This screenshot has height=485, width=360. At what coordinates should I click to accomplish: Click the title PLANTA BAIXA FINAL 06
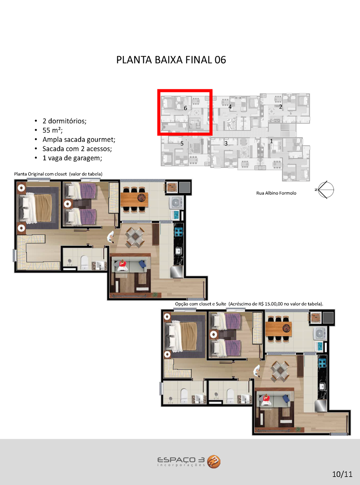(x=171, y=60)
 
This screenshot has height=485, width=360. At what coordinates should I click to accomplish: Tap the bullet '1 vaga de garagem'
(x=72, y=158)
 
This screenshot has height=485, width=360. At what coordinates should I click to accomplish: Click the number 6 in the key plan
(x=186, y=108)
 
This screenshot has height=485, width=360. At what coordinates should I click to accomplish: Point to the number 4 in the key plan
(x=230, y=107)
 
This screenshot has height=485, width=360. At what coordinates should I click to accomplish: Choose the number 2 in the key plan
(x=281, y=107)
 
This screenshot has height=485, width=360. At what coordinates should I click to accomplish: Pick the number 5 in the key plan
(x=182, y=143)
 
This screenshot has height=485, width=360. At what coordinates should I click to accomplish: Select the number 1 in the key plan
(x=271, y=141)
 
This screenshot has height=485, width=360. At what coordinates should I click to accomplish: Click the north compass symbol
(x=326, y=190)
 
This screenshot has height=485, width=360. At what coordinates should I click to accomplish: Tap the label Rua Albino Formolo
(x=276, y=193)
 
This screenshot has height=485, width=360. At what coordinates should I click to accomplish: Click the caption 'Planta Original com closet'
(x=40, y=174)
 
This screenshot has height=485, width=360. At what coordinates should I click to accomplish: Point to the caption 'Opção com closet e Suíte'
(x=201, y=304)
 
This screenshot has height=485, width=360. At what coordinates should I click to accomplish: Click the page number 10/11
(x=342, y=474)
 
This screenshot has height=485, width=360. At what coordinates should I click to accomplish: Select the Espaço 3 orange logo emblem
(x=214, y=462)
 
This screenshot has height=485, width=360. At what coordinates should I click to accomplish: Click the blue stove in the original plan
(x=178, y=232)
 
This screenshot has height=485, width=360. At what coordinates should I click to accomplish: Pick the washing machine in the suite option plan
(x=320, y=333)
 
